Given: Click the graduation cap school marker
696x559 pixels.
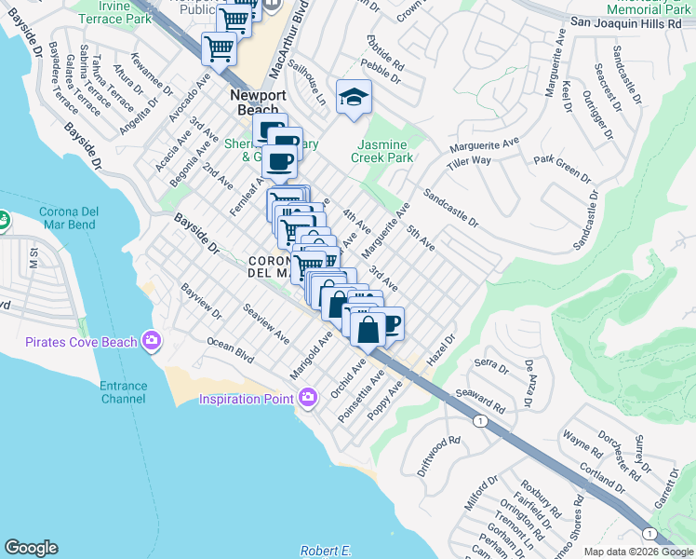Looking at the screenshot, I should coord(354,97).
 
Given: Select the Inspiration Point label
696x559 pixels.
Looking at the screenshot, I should coord(248,399).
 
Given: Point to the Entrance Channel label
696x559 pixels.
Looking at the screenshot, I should coord(123,392).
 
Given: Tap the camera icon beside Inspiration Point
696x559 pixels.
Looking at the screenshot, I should coord(307,399).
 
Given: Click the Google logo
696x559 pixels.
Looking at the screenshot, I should coord(31,548).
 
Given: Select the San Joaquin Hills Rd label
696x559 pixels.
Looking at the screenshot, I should coord(631,21).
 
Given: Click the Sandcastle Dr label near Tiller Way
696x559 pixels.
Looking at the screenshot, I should coord(450,210).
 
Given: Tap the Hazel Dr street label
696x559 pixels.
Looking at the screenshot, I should coord(440,349).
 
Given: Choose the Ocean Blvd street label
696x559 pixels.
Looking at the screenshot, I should coord(231,350).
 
